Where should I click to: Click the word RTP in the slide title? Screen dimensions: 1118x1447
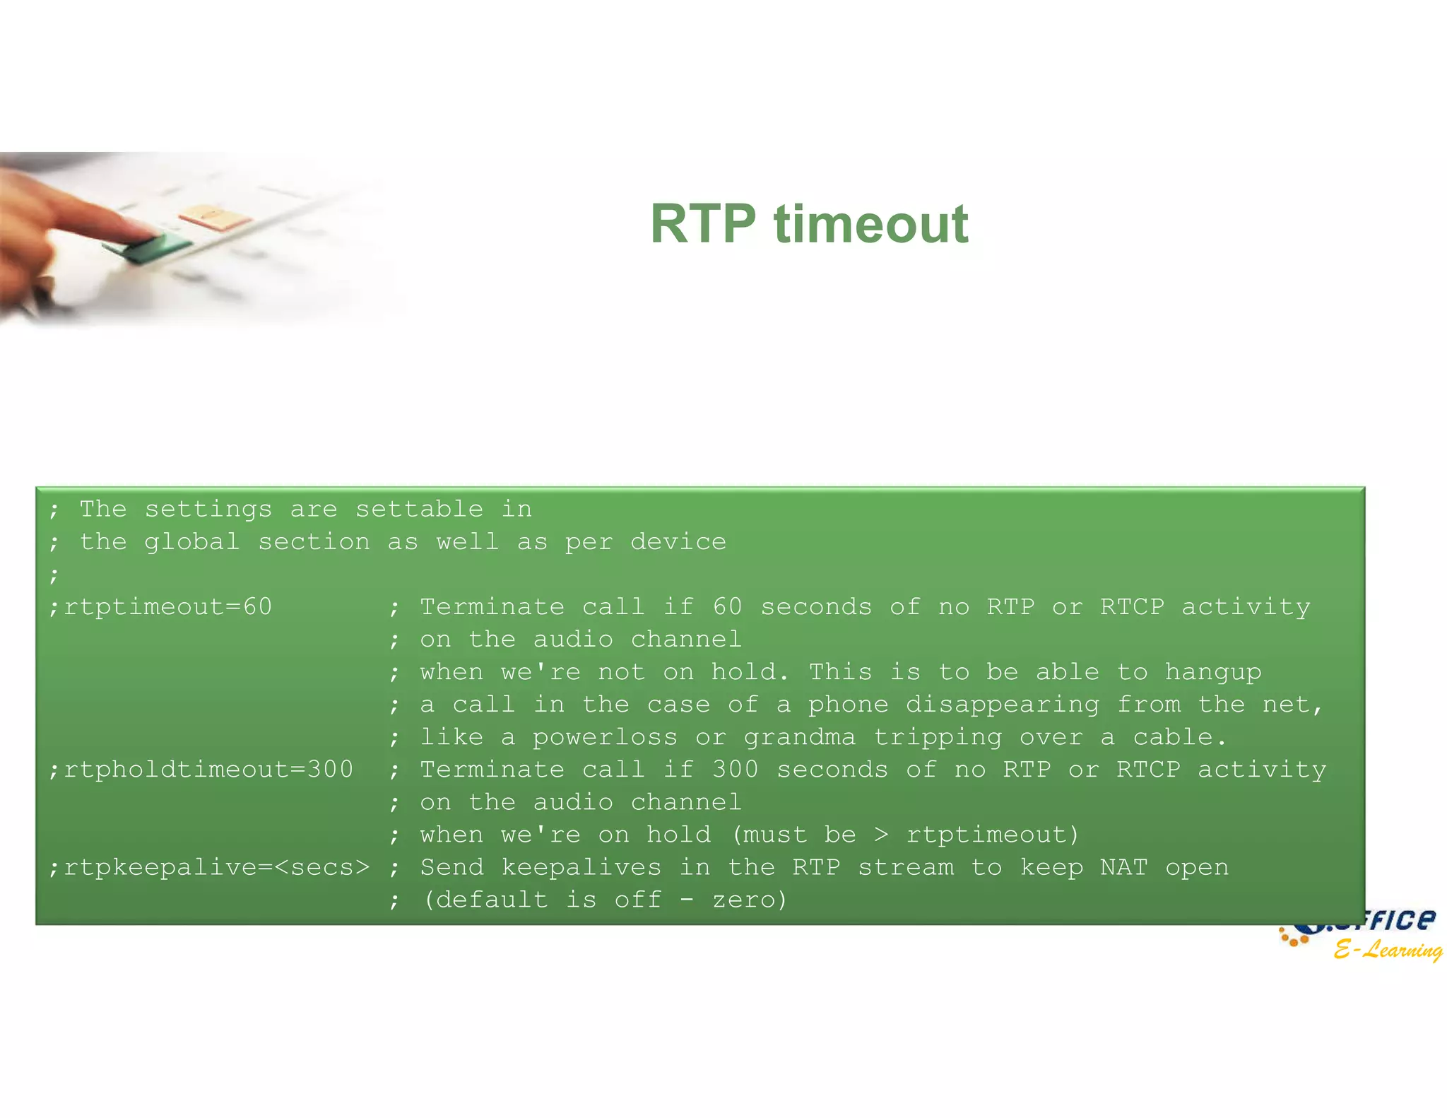click(703, 224)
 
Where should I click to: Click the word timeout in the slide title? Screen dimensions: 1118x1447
click(871, 224)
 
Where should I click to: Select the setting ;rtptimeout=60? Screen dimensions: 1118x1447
click(160, 607)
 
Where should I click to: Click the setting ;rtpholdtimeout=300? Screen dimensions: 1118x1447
click(201, 770)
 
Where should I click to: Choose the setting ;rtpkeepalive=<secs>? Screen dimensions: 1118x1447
click(209, 867)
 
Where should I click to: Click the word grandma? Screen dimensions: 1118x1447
click(799, 737)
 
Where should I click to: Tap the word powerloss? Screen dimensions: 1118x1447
click(605, 737)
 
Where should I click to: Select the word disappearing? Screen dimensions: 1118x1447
click(1003, 705)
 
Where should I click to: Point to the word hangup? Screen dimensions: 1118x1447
click(1213, 672)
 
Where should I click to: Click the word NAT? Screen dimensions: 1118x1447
click(1123, 867)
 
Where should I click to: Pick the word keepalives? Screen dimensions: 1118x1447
click(581, 867)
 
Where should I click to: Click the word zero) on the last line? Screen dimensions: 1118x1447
click(750, 900)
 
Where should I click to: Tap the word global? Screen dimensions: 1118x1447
click(191, 542)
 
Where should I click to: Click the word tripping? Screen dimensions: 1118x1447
click(938, 737)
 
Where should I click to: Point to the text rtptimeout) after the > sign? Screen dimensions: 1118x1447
click(993, 835)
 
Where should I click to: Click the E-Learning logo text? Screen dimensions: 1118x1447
click(1388, 949)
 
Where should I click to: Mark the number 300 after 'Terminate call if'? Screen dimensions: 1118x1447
click(735, 770)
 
